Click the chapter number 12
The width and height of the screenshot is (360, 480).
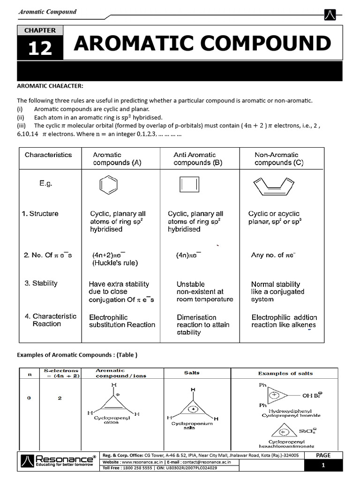(x=40, y=48)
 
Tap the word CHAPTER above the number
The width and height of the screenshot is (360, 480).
(x=40, y=30)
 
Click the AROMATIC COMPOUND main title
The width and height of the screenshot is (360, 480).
(x=202, y=44)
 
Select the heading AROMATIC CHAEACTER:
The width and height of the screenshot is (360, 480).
(x=50, y=86)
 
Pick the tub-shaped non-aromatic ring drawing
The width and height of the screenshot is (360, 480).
(x=273, y=187)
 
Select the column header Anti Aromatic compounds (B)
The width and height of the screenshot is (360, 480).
(x=198, y=159)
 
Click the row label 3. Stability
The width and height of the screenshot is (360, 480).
(x=41, y=283)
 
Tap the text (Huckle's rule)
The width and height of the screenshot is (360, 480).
(x=115, y=263)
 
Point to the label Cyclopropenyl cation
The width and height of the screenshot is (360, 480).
(x=112, y=419)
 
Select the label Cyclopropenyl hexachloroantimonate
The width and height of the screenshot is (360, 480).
(x=286, y=444)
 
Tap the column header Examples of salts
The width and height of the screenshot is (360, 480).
(x=285, y=373)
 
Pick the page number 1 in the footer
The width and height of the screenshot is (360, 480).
(x=323, y=465)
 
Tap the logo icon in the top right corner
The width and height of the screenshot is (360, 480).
(x=330, y=15)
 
